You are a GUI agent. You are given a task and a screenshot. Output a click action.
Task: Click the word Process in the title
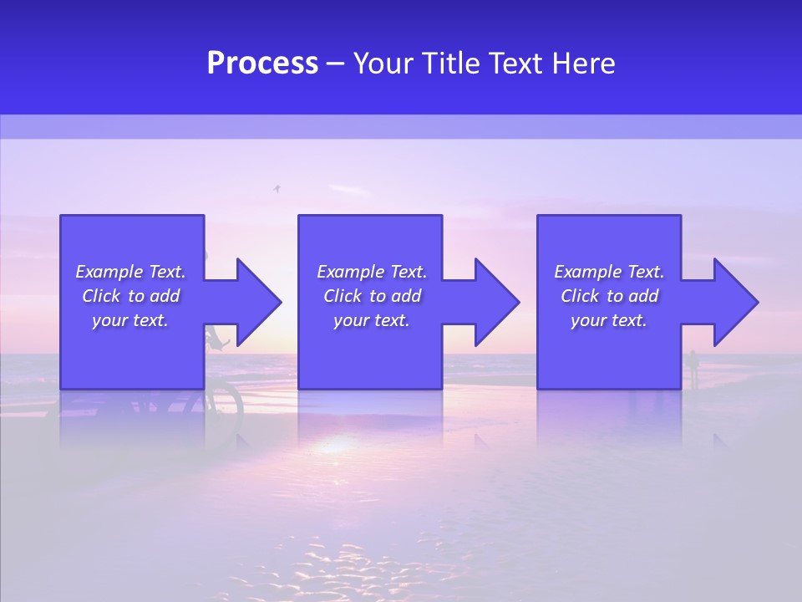tap(262, 64)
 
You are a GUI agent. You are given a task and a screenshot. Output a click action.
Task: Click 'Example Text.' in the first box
tap(130, 272)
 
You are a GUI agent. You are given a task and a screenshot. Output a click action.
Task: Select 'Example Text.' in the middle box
tap(372, 272)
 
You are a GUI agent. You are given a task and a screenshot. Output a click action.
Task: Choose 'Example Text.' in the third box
tap(609, 272)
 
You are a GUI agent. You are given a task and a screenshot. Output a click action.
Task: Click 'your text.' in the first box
tap(130, 320)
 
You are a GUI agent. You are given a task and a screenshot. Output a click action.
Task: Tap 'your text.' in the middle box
tap(372, 320)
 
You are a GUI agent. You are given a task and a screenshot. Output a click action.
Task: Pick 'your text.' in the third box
tap(609, 320)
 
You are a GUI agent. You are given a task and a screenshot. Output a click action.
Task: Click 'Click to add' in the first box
tap(130, 296)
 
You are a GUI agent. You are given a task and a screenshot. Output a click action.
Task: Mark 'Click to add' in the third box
tap(609, 296)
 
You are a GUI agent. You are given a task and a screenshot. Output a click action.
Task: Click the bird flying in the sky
tap(277, 190)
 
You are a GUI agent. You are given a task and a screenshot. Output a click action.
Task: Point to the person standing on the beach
tap(693, 368)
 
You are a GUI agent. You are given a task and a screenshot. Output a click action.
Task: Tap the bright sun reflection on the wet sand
tap(334, 443)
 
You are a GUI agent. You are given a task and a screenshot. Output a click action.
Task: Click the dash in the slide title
tap(335, 64)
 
